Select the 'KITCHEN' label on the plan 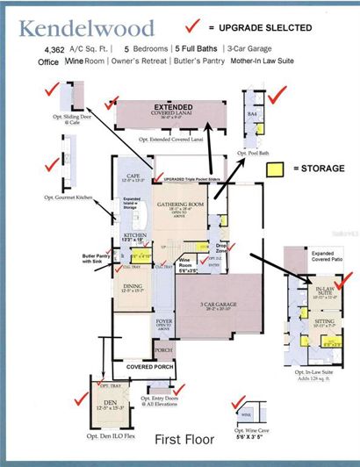pyautogui.click(x=134, y=235)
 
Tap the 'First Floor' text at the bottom pyautogui.click(x=180, y=436)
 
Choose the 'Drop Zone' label pyautogui.click(x=222, y=248)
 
